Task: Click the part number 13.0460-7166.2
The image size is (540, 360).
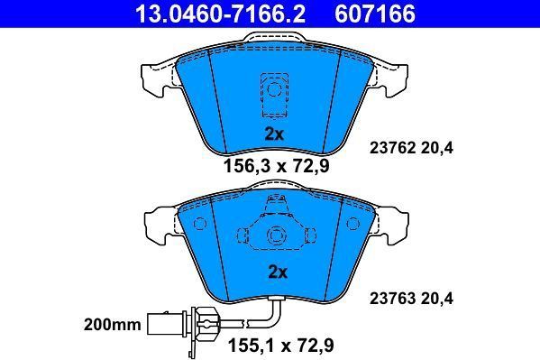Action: coord(220,14)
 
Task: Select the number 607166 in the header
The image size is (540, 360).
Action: coord(375,14)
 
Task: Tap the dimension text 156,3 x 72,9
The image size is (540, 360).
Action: coord(277,166)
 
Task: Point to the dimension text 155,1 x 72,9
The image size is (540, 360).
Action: coord(281,346)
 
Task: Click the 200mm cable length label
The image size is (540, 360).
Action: coord(113,325)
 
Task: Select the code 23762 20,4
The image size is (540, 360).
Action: coord(412,148)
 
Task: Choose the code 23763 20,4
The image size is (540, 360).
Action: coord(412,299)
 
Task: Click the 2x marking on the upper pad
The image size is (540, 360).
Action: coord(274,134)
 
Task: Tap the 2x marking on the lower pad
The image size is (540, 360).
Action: coord(278,272)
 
